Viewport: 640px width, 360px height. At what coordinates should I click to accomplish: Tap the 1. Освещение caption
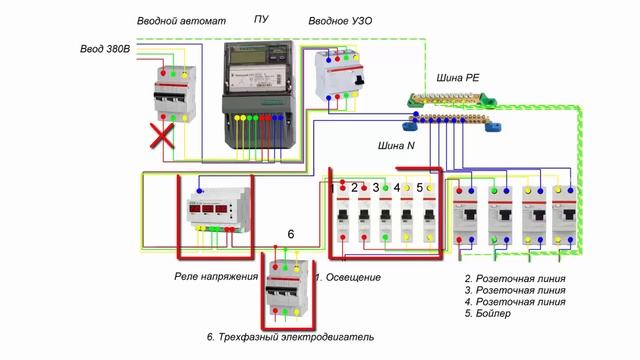tap(349, 276)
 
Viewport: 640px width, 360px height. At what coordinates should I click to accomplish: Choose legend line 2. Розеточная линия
tap(515, 278)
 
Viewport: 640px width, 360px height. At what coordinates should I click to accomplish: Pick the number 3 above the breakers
tap(376, 187)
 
